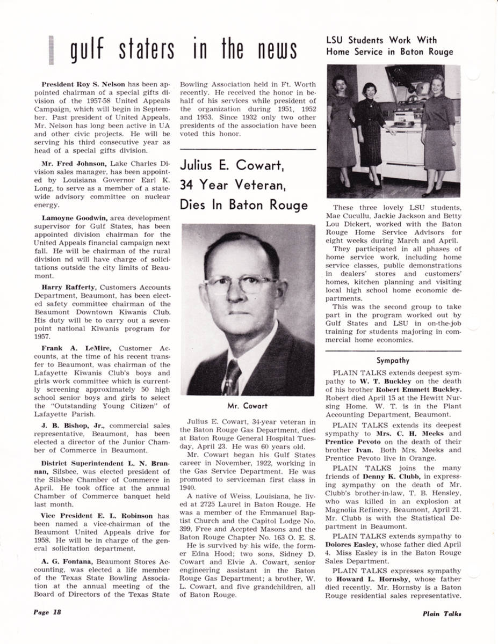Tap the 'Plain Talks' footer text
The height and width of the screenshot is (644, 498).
[x=442, y=613]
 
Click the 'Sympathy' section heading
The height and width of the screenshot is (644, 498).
[x=393, y=361]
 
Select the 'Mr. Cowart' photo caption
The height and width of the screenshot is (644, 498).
[x=248, y=406]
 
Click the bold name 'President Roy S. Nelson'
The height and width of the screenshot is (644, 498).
[x=83, y=84]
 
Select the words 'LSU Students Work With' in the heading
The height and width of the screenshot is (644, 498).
[x=381, y=40]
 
